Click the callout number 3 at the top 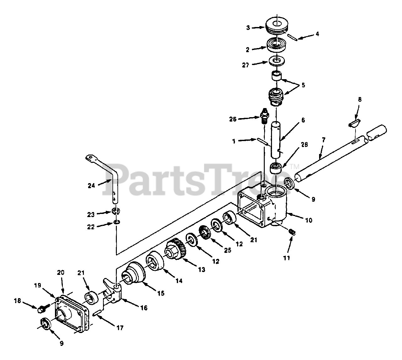point(248,28)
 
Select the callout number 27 point(246,65)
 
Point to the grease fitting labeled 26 point(263,117)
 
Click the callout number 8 point(360,100)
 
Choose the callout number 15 point(161,293)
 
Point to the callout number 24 point(91,186)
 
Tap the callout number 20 point(61,273)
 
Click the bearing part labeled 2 point(276,45)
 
